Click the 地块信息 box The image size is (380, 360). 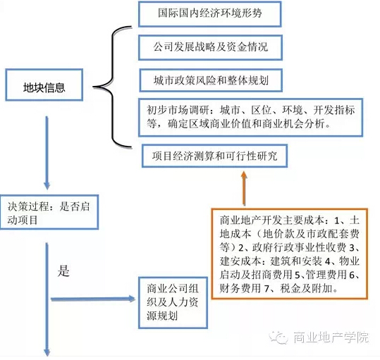point(44,85)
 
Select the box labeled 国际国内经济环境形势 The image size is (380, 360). point(210,14)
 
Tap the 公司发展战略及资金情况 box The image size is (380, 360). point(210,47)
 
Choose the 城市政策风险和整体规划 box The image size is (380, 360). point(211,80)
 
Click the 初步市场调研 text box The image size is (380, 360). point(250,118)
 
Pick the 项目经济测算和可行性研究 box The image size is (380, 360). point(215,156)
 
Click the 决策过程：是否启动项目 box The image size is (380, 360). point(49,212)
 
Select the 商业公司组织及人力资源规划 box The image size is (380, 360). point(173,303)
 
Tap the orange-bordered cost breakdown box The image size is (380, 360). point(290,254)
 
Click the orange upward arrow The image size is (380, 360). point(244,189)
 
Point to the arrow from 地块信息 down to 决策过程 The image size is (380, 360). point(47,153)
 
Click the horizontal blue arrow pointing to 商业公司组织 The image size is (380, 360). point(93,299)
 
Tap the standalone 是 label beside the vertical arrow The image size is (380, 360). point(63,271)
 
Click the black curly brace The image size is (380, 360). point(112,87)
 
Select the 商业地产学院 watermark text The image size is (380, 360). point(331,337)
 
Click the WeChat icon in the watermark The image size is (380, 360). point(279,337)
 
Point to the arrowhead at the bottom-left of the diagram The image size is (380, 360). point(47,352)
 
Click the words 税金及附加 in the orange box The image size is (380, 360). point(306,288)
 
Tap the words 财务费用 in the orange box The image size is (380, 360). point(240,288)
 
